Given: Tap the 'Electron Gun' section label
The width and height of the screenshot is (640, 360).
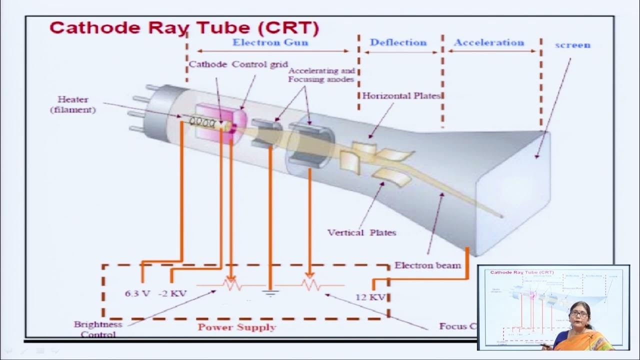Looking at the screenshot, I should coord(270,42).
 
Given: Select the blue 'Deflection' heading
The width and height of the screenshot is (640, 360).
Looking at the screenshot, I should coord(398,42).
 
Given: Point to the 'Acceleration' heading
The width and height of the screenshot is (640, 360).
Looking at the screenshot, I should coord(489,42).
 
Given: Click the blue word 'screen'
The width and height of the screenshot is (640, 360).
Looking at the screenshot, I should coord(572,45).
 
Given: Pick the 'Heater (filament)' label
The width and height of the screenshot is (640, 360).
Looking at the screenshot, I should coord(73,104).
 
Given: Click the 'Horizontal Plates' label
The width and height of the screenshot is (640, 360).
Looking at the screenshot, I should coord(401,95).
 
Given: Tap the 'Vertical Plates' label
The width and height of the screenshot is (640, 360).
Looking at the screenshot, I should coord(361,232).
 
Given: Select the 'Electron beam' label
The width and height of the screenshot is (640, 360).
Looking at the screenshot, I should coord(427,265).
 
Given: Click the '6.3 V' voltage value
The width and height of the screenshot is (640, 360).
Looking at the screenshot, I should coord(137,294).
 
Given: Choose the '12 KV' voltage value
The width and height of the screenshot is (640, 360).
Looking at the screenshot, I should coord(370,297).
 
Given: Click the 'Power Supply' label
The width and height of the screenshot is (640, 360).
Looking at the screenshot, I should coord(236,327).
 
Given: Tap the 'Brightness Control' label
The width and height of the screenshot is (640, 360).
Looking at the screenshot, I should coord(98,329).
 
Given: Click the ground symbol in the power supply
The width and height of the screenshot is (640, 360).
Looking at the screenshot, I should coord(270,292).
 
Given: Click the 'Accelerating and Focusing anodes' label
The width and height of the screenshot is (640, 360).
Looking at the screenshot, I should coord(321,75).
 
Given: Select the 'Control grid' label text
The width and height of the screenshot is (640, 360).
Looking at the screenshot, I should coord(259,64).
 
